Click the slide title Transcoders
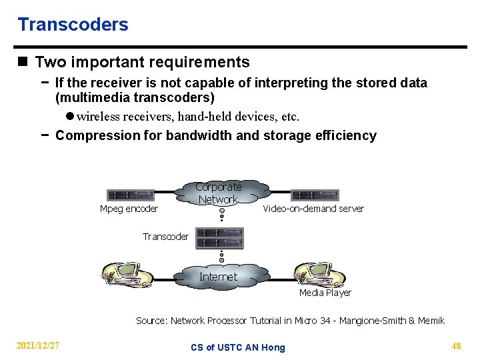click(x=73, y=25)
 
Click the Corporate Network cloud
click(x=219, y=193)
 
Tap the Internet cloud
click(x=218, y=277)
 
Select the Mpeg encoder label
click(x=129, y=209)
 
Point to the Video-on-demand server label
click(x=313, y=209)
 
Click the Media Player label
click(x=325, y=293)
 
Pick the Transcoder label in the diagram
click(x=165, y=237)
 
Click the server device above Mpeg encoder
click(x=131, y=195)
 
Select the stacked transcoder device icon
click(x=221, y=237)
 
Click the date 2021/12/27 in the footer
click(x=38, y=345)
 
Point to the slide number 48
click(x=456, y=345)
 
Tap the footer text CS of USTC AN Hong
click(x=237, y=347)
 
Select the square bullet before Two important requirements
click(x=23, y=63)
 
